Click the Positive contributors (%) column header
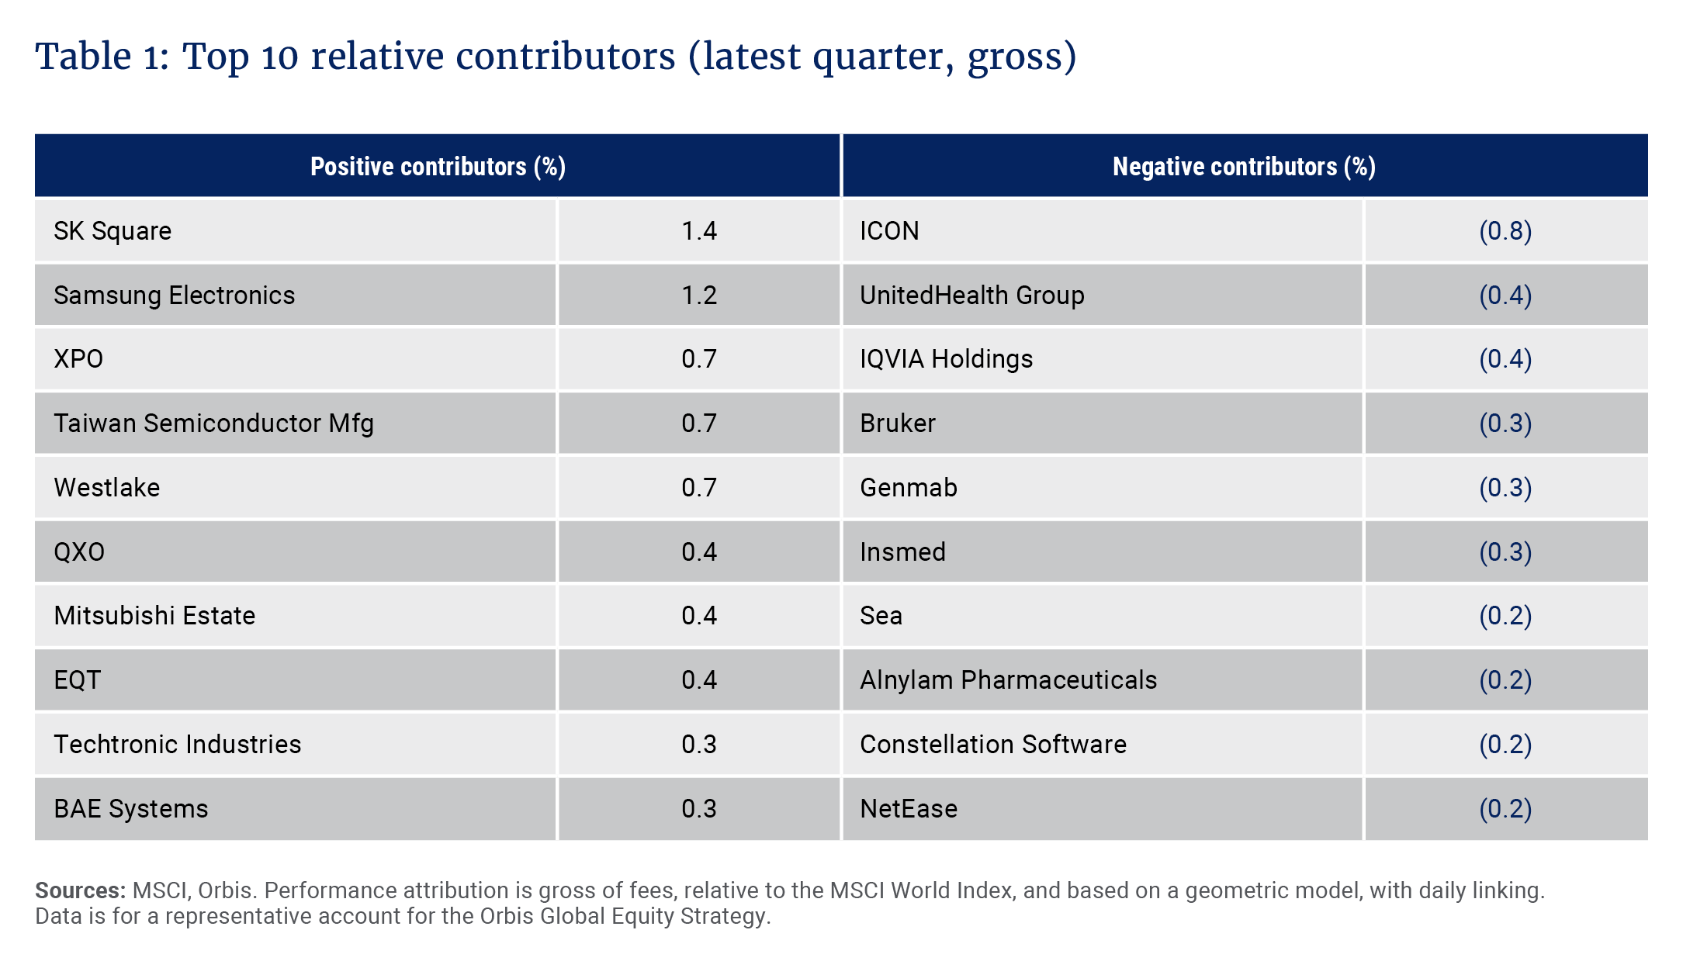[x=438, y=167]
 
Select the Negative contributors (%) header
[x=1244, y=167]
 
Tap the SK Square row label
[x=113, y=231]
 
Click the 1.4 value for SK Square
[x=698, y=231]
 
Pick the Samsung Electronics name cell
[x=174, y=296]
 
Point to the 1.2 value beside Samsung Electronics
[x=698, y=296]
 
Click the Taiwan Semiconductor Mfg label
[x=213, y=423]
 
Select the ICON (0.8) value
[x=1505, y=231]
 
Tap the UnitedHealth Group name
[x=971, y=296]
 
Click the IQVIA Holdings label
[x=946, y=359]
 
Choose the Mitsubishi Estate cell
[x=154, y=616]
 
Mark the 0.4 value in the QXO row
[x=698, y=552]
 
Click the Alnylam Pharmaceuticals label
[x=1008, y=680]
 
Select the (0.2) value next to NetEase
[x=1505, y=809]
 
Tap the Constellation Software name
[x=992, y=745]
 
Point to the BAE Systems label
[x=130, y=809]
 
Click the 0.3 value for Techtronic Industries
[x=698, y=745]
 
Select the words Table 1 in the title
[x=101, y=57]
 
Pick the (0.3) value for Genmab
[x=1505, y=488]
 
